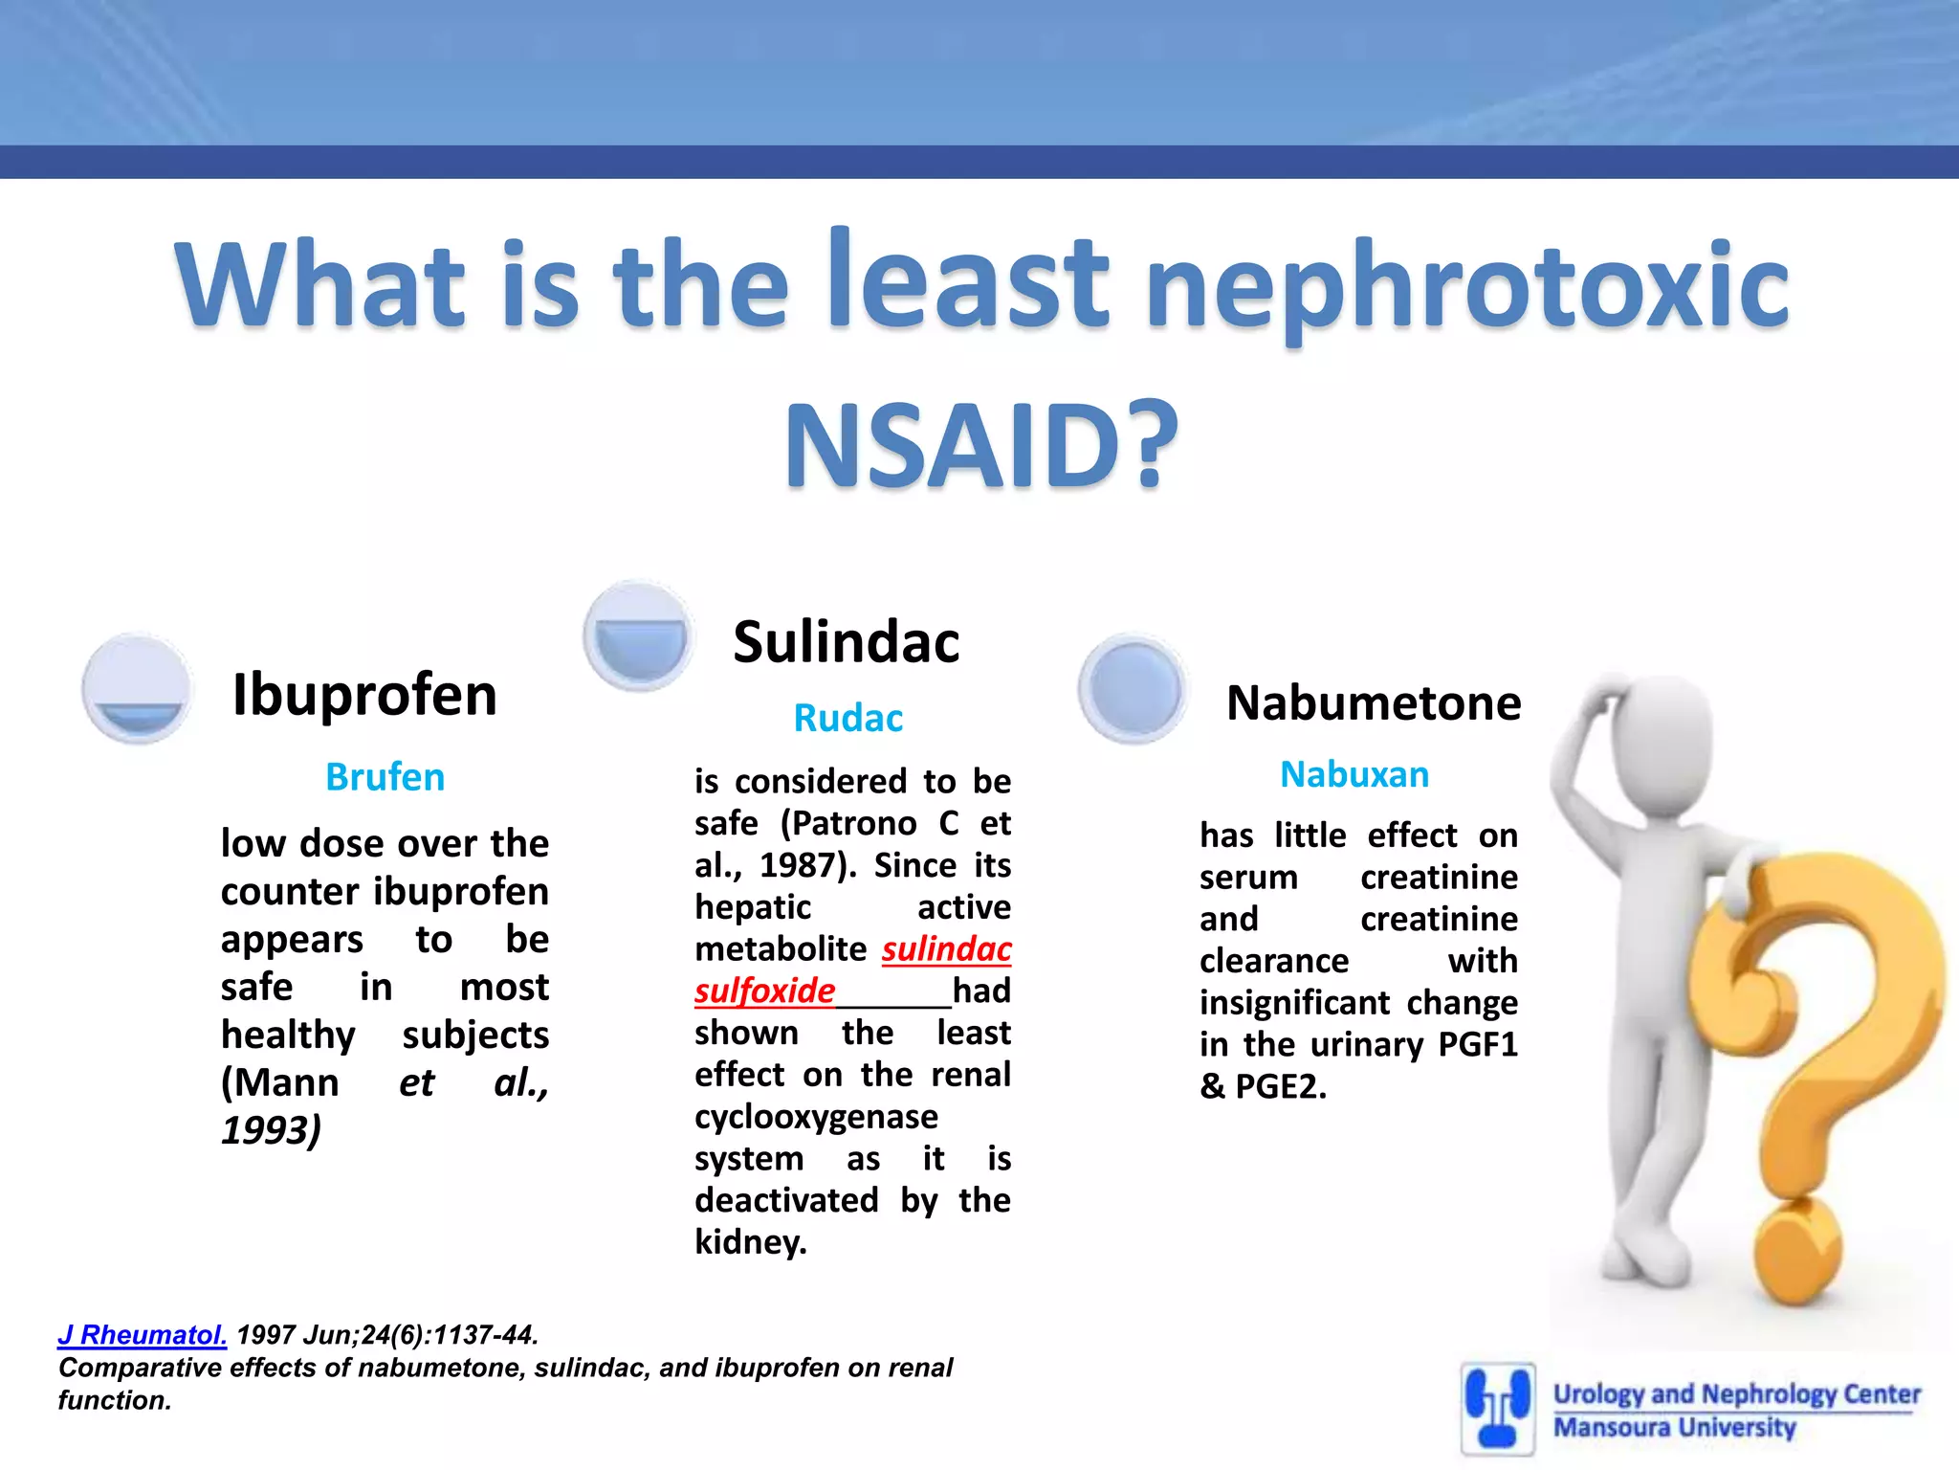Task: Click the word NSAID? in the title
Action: click(981, 447)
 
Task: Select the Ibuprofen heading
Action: click(364, 694)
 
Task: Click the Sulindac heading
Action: click(846, 641)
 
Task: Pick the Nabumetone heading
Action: click(1373, 703)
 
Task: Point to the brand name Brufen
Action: click(385, 777)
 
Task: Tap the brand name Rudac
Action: click(847, 718)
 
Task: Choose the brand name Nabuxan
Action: click(1354, 774)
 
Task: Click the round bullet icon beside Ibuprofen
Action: click(139, 689)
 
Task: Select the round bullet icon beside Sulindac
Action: click(639, 635)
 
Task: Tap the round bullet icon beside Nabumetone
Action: click(1134, 689)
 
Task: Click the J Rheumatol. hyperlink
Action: click(142, 1334)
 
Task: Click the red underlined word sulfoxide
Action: click(764, 991)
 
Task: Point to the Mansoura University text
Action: click(1674, 1427)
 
